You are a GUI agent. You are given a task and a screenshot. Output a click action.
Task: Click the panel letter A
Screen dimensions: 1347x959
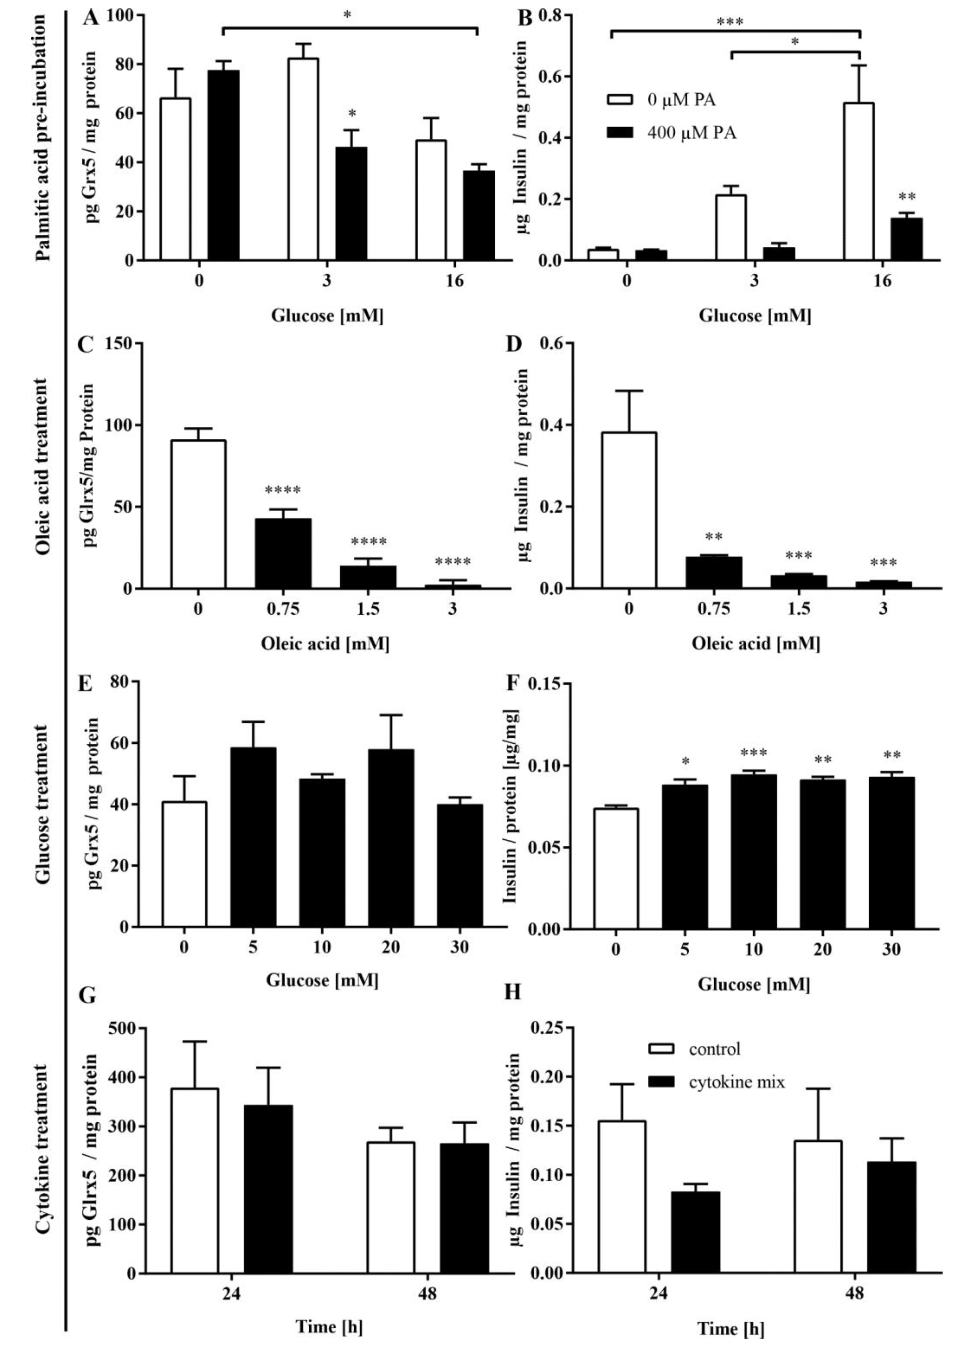(x=90, y=18)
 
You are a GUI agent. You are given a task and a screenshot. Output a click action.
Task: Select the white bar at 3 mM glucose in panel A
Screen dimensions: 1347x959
(x=303, y=159)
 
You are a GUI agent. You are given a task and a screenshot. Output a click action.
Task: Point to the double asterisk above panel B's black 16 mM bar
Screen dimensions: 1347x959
(x=907, y=197)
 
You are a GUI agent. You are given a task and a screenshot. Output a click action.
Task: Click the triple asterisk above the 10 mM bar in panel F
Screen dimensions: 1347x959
(x=753, y=753)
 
